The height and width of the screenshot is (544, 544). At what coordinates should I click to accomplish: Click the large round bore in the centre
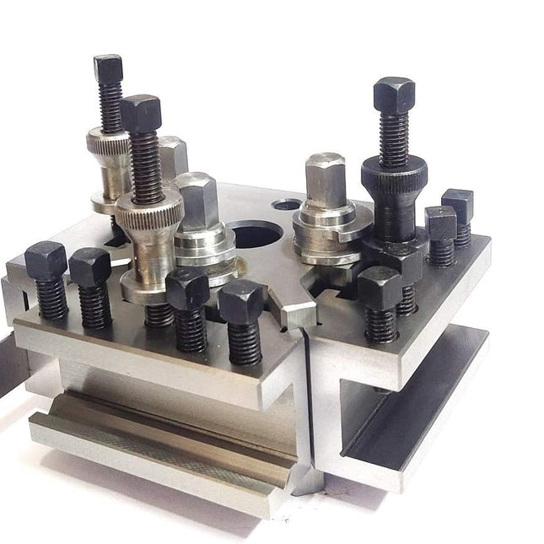click(x=255, y=234)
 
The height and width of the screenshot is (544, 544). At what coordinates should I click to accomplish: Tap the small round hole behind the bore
click(x=289, y=205)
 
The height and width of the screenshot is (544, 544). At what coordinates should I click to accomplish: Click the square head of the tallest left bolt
click(x=108, y=67)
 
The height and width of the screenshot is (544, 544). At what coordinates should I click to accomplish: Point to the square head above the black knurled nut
click(x=394, y=93)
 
